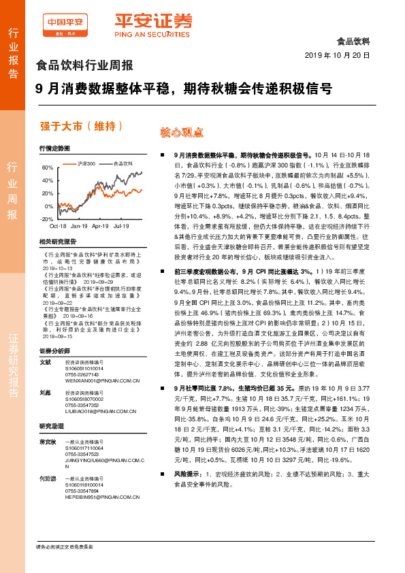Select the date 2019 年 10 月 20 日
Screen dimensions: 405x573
tap(337, 54)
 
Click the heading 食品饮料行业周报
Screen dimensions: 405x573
tap(84, 66)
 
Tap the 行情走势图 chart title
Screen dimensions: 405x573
tap(54, 148)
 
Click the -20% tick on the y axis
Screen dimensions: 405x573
tap(46, 219)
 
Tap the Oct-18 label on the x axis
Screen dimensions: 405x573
tap(58, 225)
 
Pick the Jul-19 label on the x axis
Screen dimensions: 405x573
tap(122, 225)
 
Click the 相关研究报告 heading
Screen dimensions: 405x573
tap(57, 241)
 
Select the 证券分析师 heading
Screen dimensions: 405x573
tap(54, 350)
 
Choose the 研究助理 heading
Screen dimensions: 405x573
tap(52, 426)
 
